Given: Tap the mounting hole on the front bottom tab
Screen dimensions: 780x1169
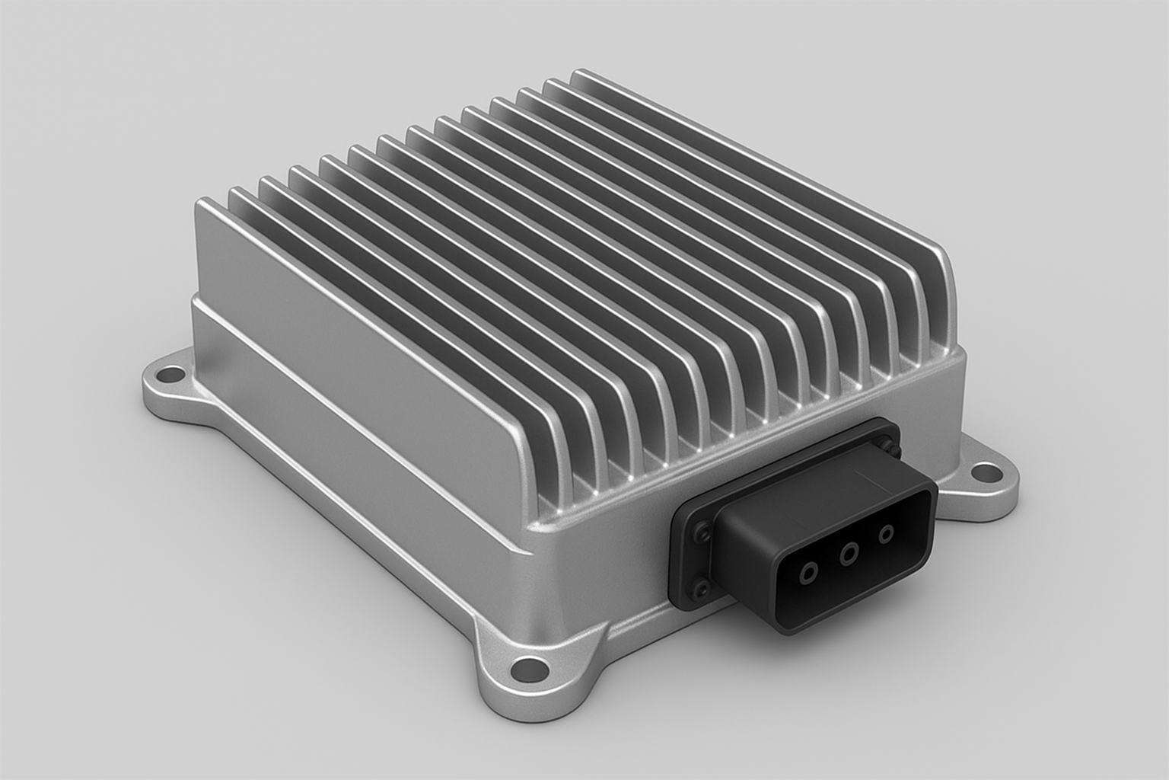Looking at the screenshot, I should pyautogui.click(x=527, y=670).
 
